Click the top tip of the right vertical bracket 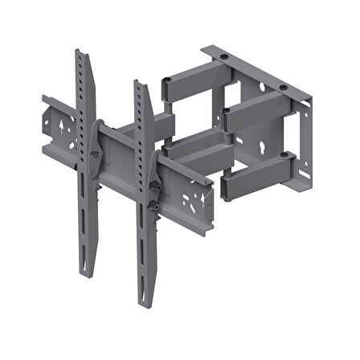pyautogui.click(x=137, y=82)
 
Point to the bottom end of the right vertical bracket pyautogui.click(x=146, y=306)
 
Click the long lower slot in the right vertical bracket pyautogui.click(x=145, y=261)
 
